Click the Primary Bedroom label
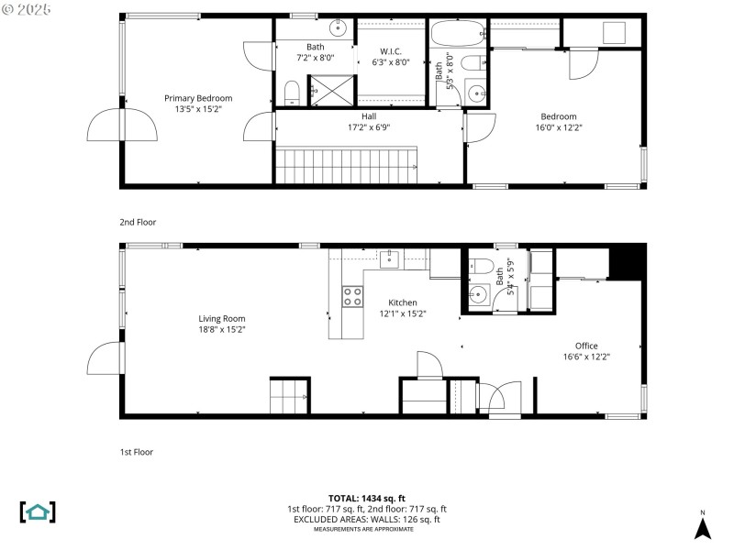198,98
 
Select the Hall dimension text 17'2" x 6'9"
369,127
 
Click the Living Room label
222,318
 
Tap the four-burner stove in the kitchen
352,295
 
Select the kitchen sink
390,258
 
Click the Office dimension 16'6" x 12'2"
586,357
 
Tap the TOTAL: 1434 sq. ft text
367,498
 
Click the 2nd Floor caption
137,222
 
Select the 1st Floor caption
136,452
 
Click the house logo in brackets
38,511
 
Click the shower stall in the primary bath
323,90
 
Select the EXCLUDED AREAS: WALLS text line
367,519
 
